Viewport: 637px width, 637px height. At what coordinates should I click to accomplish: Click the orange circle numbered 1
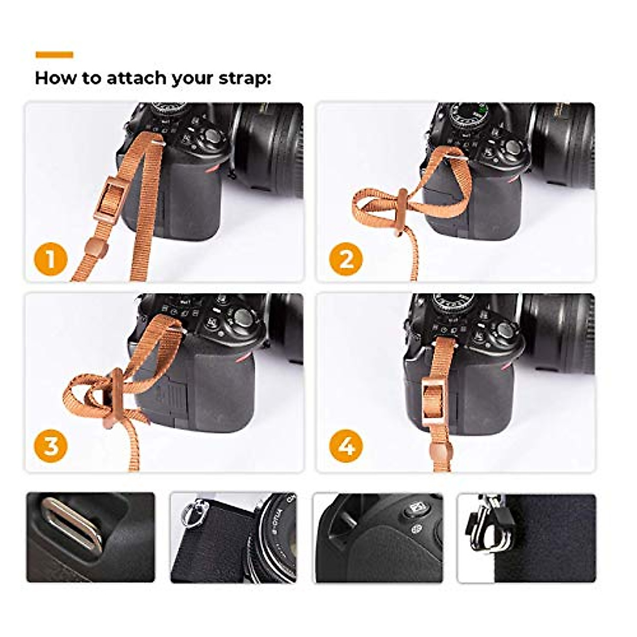(x=51, y=260)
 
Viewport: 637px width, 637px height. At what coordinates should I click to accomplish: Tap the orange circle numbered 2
(x=346, y=260)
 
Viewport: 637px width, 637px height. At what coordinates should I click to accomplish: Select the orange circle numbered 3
(x=51, y=446)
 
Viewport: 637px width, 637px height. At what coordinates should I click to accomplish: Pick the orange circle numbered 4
(x=346, y=446)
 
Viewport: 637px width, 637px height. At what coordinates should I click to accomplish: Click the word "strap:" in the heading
(x=245, y=79)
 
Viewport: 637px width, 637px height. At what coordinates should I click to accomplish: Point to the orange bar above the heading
(x=54, y=54)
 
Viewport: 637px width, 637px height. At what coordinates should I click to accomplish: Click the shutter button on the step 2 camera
(x=512, y=147)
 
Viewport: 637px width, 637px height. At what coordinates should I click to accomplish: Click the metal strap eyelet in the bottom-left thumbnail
(x=72, y=523)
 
